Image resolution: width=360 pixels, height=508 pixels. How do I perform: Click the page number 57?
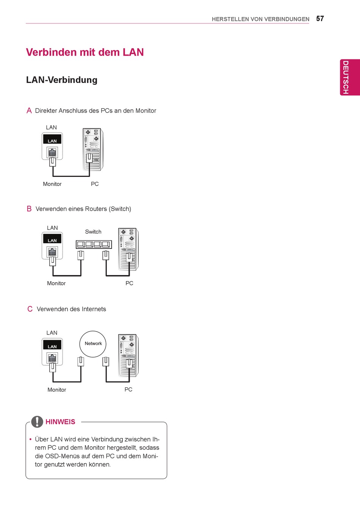(320, 19)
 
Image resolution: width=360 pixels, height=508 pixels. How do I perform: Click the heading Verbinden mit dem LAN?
(85, 52)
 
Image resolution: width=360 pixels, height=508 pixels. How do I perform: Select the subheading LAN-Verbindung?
(62, 80)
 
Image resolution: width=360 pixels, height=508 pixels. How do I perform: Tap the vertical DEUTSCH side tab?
(346, 77)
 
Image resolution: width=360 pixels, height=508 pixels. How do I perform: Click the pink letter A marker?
(29, 111)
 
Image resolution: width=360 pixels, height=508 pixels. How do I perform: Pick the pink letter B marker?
(29, 209)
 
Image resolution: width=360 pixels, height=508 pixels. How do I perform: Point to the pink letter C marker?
(30, 309)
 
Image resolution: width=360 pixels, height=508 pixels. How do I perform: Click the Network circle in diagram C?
(93, 344)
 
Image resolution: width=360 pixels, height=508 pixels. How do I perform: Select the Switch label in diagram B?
(93, 232)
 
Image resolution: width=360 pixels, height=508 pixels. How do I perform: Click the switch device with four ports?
(94, 245)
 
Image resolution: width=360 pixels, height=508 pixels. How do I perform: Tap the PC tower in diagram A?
(92, 149)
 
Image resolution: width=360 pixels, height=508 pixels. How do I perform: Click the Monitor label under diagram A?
(52, 184)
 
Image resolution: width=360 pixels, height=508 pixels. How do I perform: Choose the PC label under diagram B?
(129, 283)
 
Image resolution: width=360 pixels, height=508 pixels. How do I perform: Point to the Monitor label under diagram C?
(57, 390)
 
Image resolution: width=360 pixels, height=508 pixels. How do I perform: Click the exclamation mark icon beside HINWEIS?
(37, 422)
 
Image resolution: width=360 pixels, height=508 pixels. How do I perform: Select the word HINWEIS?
(60, 422)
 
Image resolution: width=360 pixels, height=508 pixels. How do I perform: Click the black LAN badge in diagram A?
(52, 141)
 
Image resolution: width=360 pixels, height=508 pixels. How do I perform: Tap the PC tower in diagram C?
(128, 355)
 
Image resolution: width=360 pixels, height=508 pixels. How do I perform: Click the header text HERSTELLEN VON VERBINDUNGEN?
(260, 19)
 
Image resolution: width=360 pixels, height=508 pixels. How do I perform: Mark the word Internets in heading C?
(93, 309)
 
